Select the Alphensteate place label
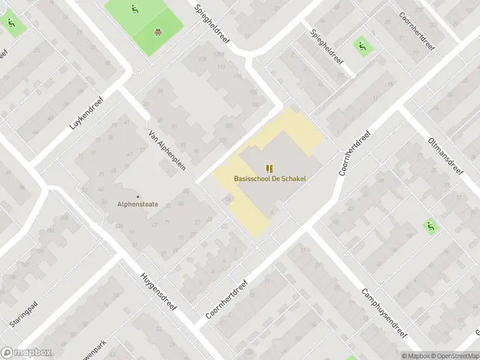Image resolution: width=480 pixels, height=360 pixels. click(138, 204)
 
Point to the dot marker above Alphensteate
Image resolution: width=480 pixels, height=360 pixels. click(138, 196)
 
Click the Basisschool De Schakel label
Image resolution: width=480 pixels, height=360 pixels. click(269, 178)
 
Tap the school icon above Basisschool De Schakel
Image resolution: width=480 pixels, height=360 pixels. click(269, 169)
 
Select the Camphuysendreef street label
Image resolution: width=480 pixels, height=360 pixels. click(384, 313)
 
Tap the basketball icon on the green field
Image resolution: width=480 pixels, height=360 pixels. click(158, 32)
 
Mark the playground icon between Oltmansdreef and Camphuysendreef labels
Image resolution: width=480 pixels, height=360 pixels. click(430, 226)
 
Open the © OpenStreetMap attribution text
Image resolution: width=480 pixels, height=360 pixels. click(454, 356)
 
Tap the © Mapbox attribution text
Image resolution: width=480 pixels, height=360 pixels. click(415, 356)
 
